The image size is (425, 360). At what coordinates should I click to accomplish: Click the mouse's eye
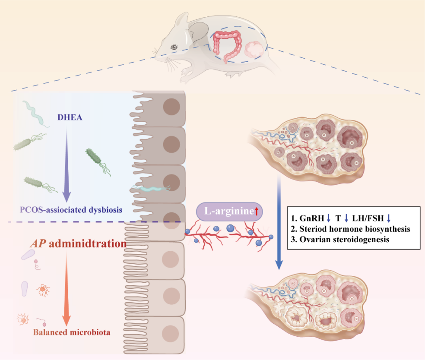coord(173,47)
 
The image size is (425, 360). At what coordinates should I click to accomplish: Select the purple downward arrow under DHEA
coord(67,164)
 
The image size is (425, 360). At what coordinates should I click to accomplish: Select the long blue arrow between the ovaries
coord(280,224)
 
